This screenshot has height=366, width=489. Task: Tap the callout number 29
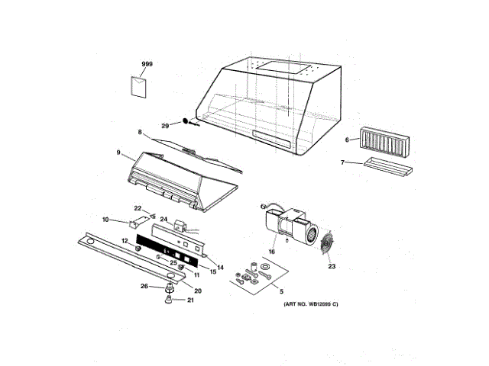coord(165,126)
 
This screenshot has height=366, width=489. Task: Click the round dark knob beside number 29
coord(185,122)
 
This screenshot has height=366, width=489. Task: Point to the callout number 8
coord(140,133)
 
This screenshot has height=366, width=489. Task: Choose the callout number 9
coord(118,152)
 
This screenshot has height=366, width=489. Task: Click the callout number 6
coord(346,140)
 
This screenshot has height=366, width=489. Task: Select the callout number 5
coord(280,292)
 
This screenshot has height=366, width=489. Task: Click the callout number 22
coord(138,207)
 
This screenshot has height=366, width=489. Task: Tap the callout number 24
coord(163,220)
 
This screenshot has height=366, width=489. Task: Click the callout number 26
coord(143,287)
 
